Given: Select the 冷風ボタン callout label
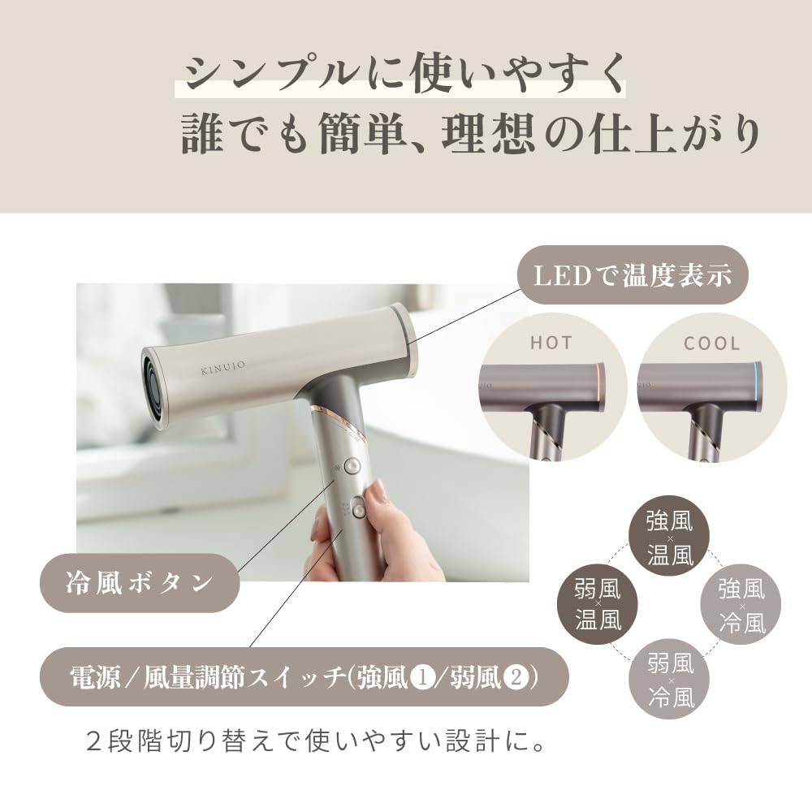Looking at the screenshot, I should tap(139, 582).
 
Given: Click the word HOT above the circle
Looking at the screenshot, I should tap(551, 342).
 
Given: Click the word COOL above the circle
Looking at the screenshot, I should tap(712, 343).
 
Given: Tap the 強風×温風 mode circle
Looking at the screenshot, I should tap(669, 537).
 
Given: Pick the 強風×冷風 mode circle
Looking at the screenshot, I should tap(741, 605).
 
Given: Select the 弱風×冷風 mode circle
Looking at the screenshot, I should tap(671, 679).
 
